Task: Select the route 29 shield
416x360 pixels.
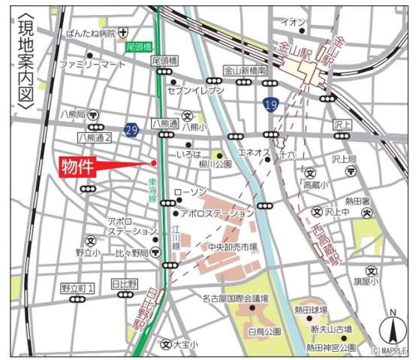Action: [133, 130]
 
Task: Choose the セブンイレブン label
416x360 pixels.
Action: [199, 90]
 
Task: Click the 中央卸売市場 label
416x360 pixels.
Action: [233, 246]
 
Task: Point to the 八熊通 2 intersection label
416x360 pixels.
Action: [95, 138]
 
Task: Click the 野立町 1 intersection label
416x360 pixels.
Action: [77, 288]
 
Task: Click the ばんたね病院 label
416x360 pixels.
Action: [90, 32]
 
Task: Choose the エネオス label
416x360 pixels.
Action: [254, 153]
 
